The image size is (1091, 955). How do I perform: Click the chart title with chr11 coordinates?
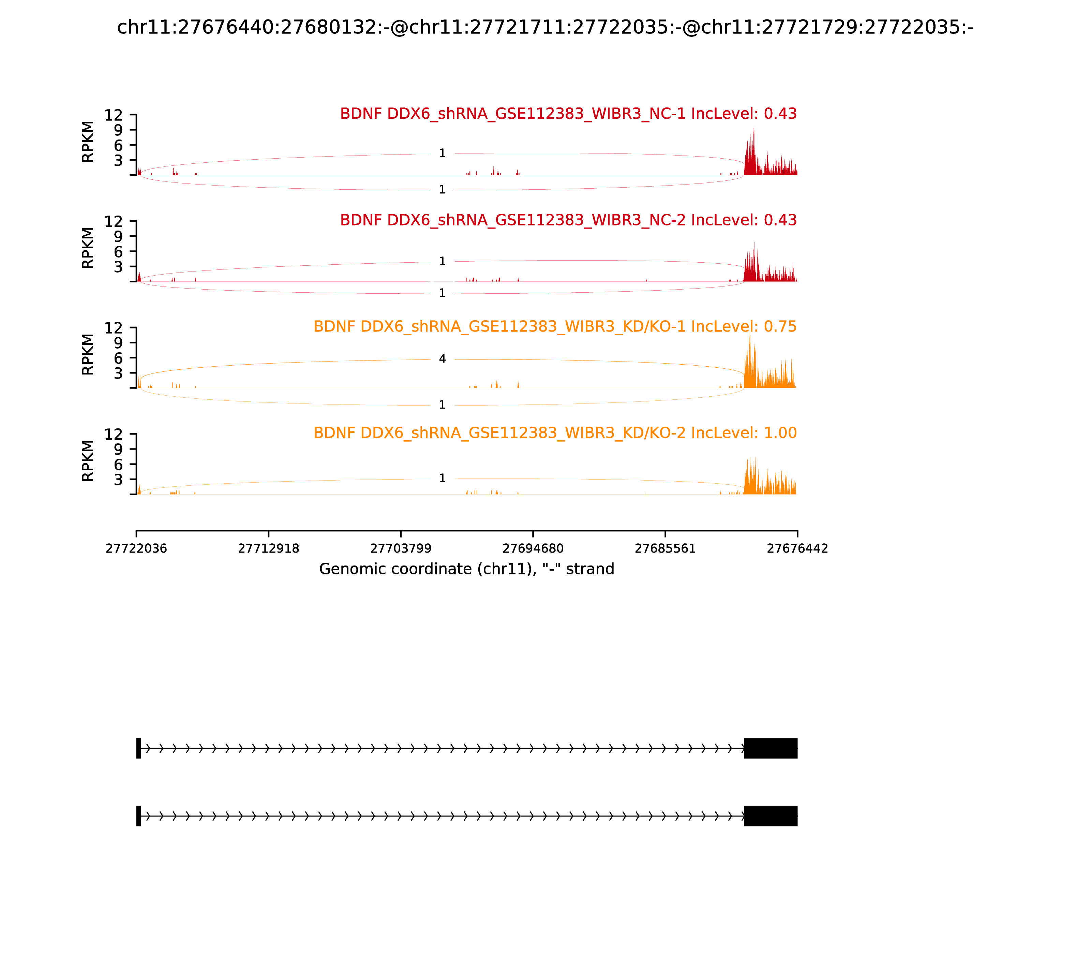click(x=545, y=27)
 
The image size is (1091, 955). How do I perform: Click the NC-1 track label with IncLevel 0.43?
click(x=568, y=114)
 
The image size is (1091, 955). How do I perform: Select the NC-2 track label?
click(x=568, y=220)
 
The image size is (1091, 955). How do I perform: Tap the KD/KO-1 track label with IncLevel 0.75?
click(x=555, y=327)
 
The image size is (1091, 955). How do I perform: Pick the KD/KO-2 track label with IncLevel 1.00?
click(x=555, y=433)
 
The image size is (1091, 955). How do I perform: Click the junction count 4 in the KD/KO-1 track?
click(x=442, y=359)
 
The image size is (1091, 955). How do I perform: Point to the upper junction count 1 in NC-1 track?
click(x=442, y=153)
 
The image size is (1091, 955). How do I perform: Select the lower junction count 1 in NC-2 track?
click(x=442, y=293)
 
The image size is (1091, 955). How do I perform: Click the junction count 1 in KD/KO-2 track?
click(x=442, y=478)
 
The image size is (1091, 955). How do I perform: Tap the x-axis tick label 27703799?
click(x=401, y=548)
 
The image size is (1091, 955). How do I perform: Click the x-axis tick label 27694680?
click(x=533, y=548)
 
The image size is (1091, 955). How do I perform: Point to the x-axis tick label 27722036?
click(x=136, y=548)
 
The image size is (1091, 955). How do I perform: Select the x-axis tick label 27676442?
click(x=797, y=548)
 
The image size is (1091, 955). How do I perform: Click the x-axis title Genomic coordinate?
click(x=467, y=569)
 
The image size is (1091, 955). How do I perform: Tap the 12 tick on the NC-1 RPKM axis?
click(x=114, y=115)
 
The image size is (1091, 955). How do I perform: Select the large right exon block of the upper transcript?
click(x=770, y=748)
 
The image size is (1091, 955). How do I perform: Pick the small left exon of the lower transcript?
click(x=138, y=816)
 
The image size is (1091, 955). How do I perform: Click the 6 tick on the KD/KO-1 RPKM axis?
click(x=118, y=358)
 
